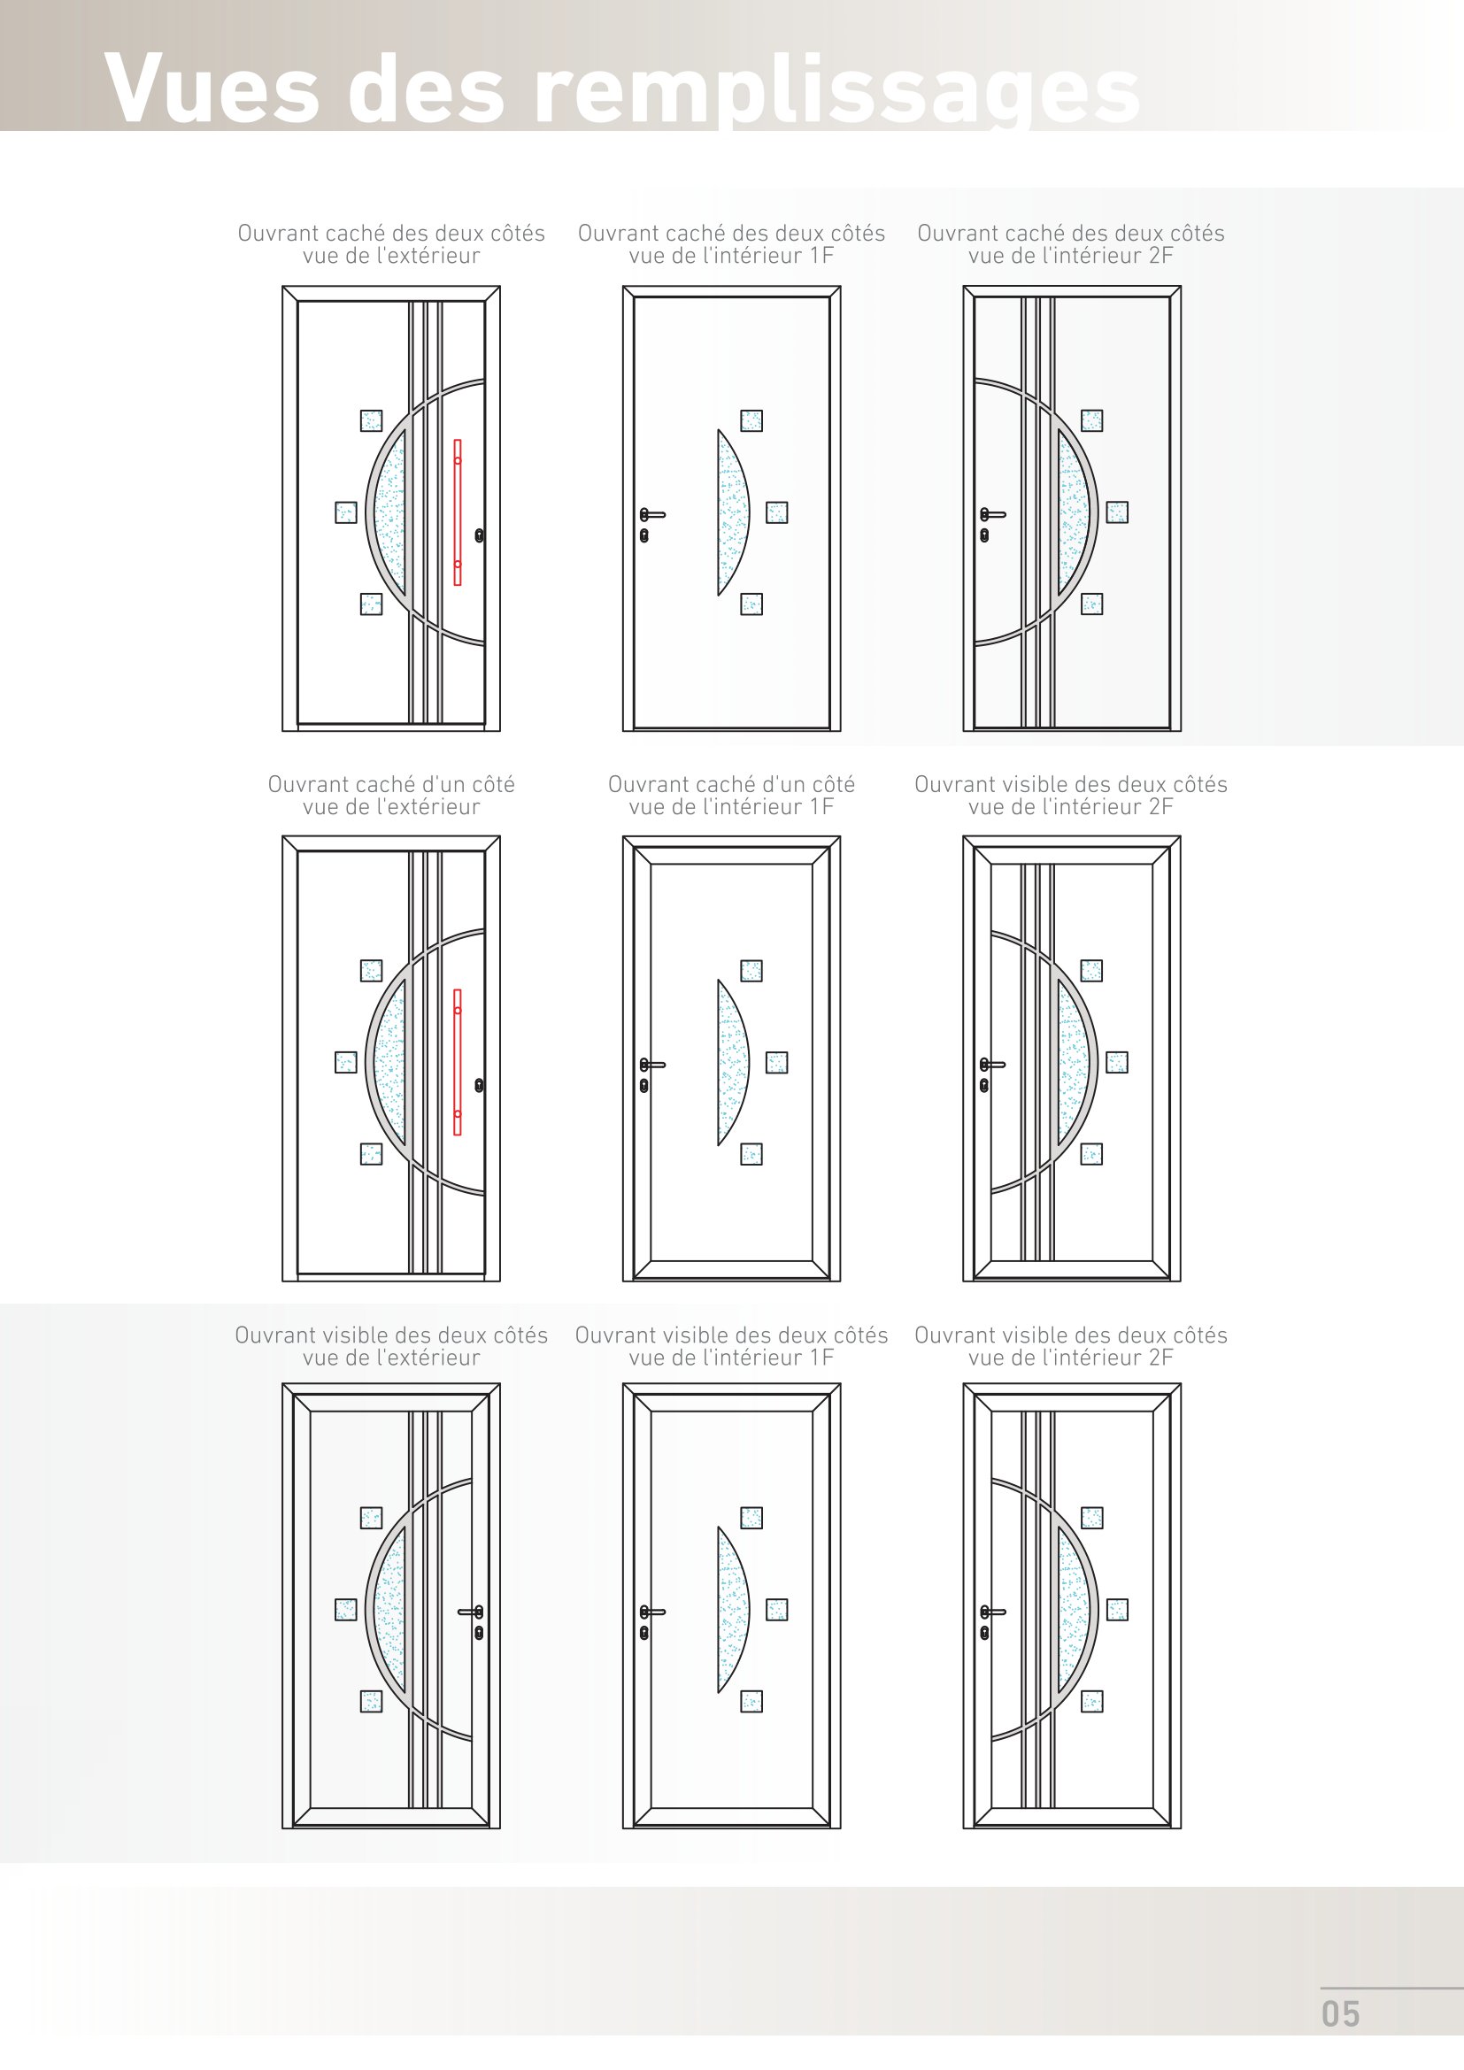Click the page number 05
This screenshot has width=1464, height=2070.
pos(1340,2014)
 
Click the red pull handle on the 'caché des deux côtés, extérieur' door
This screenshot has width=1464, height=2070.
pos(458,512)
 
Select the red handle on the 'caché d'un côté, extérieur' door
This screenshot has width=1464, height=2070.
pos(458,1062)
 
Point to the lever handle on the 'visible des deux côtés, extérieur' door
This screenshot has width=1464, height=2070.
pos(472,1611)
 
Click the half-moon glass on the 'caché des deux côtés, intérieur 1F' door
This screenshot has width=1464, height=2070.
pos(733,512)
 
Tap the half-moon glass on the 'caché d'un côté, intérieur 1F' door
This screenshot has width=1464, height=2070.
pos(733,1062)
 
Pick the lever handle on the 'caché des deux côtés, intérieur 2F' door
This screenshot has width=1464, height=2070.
pos(992,515)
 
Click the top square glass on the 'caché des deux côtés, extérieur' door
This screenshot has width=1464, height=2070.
pos(372,421)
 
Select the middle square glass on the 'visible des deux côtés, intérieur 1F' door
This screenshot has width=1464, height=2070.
pos(777,1610)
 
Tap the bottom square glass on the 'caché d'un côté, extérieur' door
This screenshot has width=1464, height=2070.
pos(372,1154)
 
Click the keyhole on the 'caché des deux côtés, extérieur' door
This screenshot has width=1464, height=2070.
pos(480,535)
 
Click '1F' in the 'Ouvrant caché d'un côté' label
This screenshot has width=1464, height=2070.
pos(821,807)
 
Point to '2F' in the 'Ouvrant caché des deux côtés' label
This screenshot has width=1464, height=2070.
pos(1161,256)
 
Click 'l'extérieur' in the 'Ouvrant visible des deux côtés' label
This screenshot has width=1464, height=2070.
pos(428,1358)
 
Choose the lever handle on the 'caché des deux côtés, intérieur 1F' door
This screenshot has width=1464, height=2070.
pos(652,515)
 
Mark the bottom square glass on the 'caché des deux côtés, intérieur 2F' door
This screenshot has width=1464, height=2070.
pos(1091,604)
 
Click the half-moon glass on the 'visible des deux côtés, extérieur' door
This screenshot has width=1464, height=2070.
pos(389,1610)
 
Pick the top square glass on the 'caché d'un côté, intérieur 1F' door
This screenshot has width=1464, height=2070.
pos(751,971)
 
